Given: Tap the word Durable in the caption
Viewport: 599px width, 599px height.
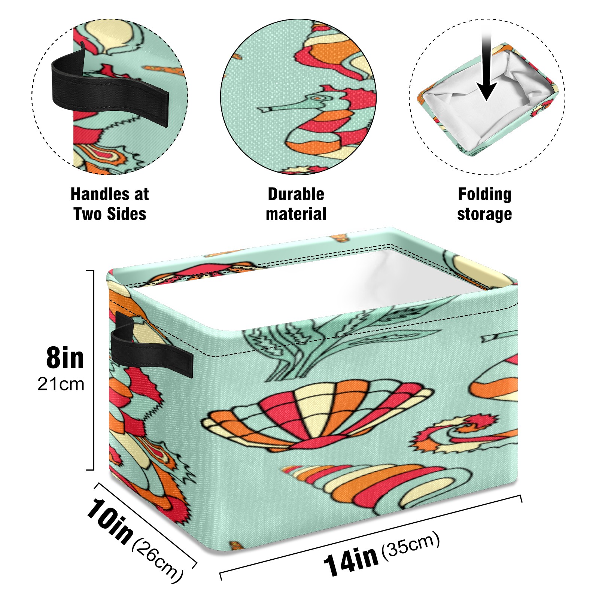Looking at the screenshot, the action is (296, 194).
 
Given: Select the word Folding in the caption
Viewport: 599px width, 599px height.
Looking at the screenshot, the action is (484, 195).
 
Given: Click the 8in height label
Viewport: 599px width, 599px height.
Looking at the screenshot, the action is (65, 358).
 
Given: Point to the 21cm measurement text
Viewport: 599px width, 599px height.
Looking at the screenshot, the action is (61, 384).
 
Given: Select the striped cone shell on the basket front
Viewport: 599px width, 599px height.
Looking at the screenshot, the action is (376, 487).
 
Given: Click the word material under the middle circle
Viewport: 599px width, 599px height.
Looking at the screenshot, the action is (296, 214).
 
